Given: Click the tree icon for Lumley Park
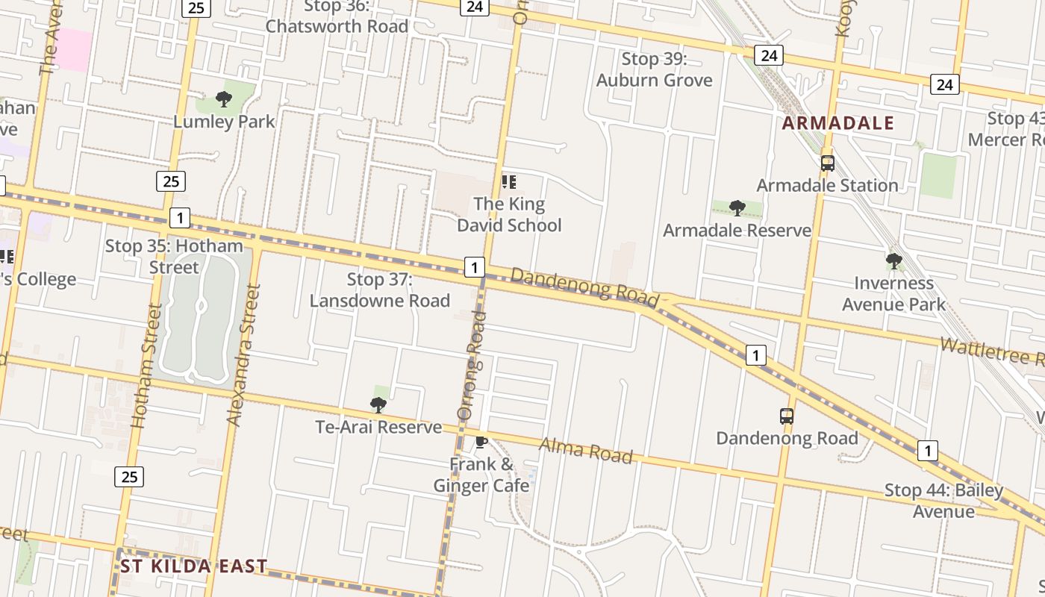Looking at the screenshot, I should pyautogui.click(x=223, y=99).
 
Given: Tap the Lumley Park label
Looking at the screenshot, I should pyautogui.click(x=224, y=121).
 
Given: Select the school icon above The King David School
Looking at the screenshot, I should pyautogui.click(x=509, y=181).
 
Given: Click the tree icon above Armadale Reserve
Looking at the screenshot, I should pyautogui.click(x=737, y=207).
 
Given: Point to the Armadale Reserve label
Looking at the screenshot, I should pyautogui.click(x=737, y=230).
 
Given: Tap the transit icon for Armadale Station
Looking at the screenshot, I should pyautogui.click(x=827, y=163).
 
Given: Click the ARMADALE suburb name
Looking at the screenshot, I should pyautogui.click(x=837, y=123).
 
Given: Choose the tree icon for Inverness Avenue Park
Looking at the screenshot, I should pyautogui.click(x=893, y=261).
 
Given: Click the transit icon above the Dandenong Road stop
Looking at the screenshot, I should pyautogui.click(x=787, y=416).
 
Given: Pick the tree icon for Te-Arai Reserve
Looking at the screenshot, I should pyautogui.click(x=378, y=404).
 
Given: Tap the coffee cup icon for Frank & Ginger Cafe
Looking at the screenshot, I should pyautogui.click(x=481, y=443).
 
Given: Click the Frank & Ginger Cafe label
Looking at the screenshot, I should pyautogui.click(x=481, y=475).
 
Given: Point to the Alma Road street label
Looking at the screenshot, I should pyautogui.click(x=585, y=450).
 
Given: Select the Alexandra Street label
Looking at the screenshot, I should pyautogui.click(x=244, y=355).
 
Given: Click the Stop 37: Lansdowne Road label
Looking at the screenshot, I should pyautogui.click(x=380, y=290).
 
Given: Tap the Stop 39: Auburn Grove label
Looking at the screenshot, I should pyautogui.click(x=654, y=69).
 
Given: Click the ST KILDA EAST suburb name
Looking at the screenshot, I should pyautogui.click(x=193, y=566).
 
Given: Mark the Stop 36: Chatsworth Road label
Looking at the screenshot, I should pyautogui.click(x=337, y=16).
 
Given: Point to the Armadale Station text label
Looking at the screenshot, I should pyautogui.click(x=827, y=185).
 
